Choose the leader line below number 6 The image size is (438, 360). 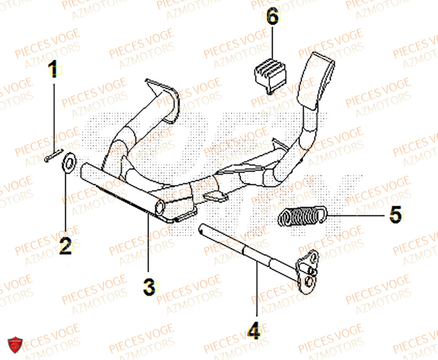click(x=272, y=44)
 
